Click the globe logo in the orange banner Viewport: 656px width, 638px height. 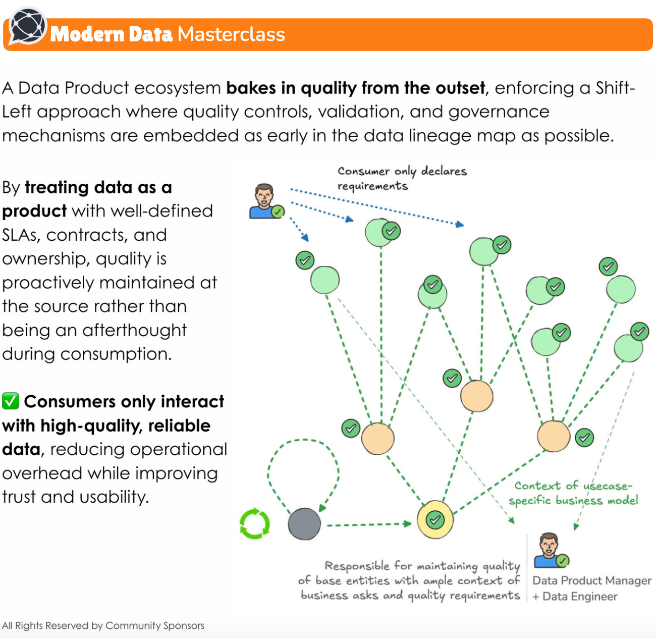[x=28, y=26]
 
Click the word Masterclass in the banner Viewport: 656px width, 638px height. [x=231, y=34]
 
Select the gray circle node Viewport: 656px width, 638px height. [x=304, y=524]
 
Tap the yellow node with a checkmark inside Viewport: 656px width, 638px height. [x=434, y=519]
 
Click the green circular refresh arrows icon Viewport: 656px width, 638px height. [x=255, y=524]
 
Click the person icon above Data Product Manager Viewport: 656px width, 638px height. [x=550, y=550]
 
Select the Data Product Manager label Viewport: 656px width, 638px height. [x=591, y=580]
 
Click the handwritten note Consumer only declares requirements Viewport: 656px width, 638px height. [x=402, y=178]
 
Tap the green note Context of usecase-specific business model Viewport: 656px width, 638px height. [x=573, y=493]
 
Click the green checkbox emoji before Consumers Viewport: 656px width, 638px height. [x=11, y=401]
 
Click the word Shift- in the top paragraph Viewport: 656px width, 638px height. [x=615, y=88]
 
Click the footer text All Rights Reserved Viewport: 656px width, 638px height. [x=103, y=625]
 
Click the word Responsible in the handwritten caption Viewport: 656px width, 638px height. [x=357, y=566]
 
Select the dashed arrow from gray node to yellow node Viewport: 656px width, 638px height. [x=368, y=525]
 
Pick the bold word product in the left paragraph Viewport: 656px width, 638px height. [x=34, y=211]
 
